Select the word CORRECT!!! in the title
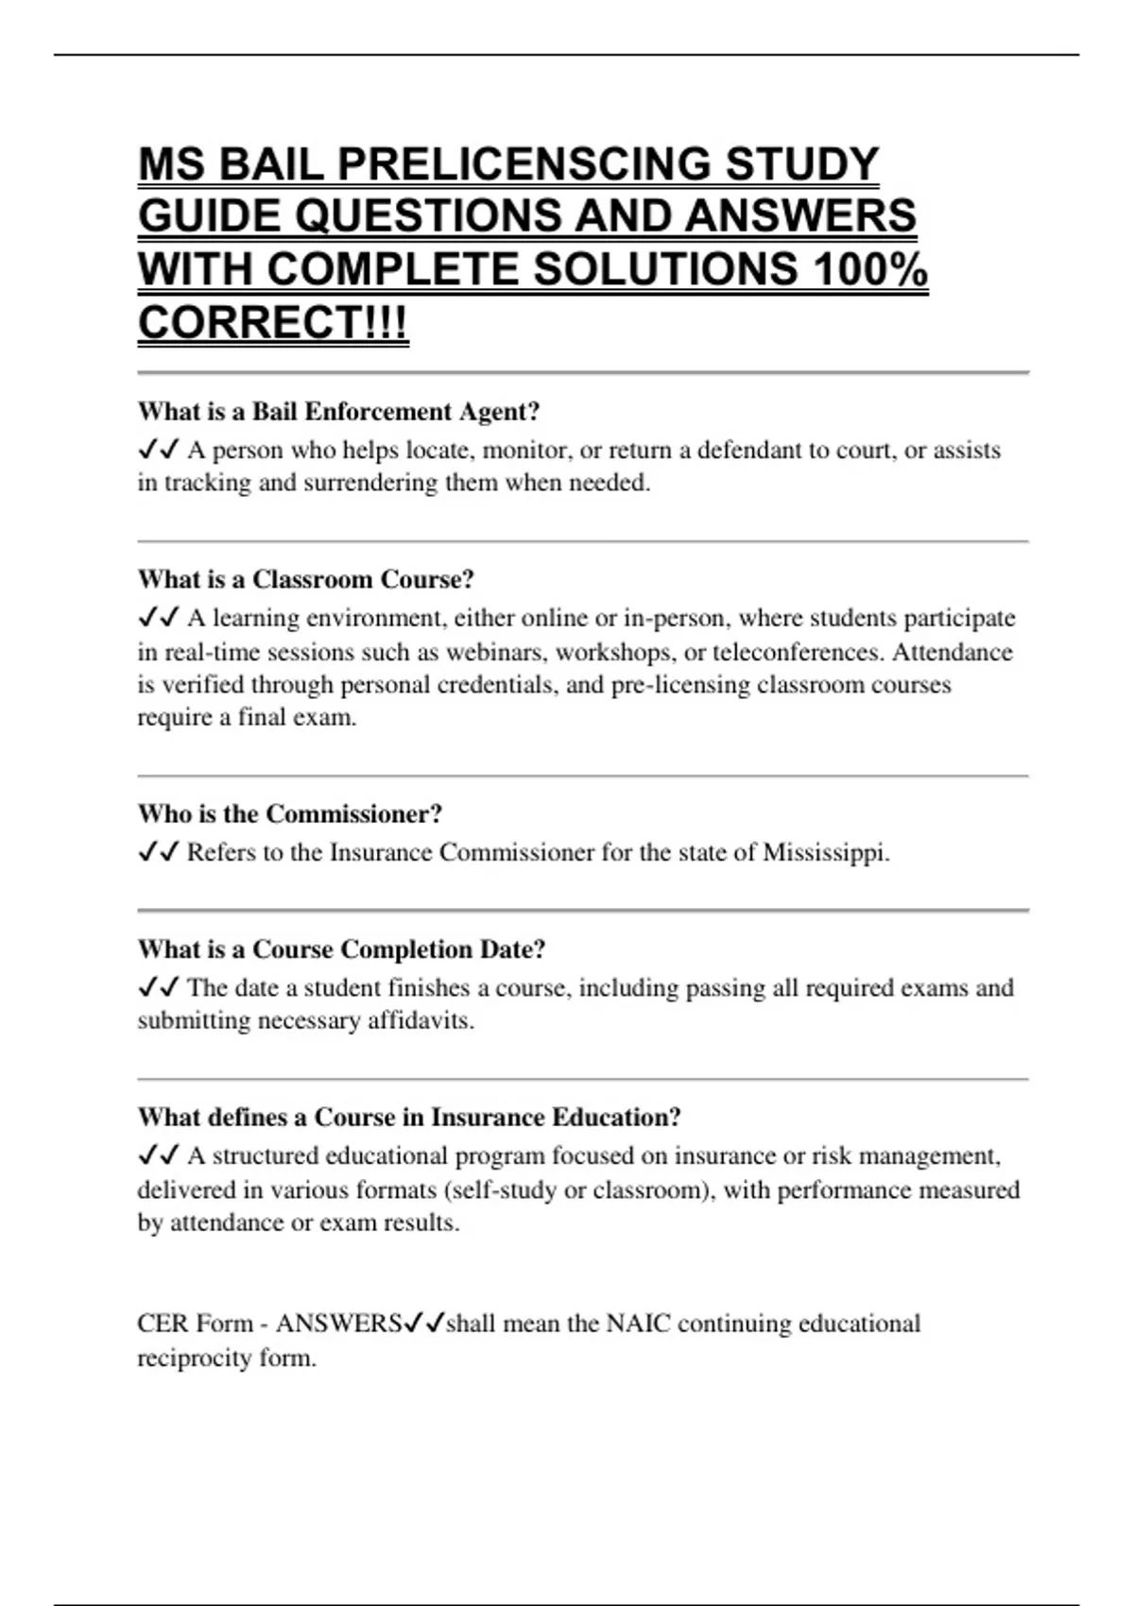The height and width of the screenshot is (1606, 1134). click(273, 322)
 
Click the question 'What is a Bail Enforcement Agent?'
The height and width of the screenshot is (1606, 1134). click(338, 412)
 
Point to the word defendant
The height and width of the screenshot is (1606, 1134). click(753, 450)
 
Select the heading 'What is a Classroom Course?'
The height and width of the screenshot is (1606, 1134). click(305, 579)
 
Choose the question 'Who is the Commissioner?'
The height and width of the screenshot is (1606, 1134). click(289, 814)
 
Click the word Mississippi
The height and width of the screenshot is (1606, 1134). click(824, 852)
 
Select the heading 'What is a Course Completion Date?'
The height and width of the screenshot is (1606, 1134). click(341, 949)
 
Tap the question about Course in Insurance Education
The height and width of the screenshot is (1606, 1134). click(408, 1118)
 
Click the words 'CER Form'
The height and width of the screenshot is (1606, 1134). click(195, 1324)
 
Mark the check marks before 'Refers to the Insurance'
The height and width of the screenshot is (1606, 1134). click(158, 852)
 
